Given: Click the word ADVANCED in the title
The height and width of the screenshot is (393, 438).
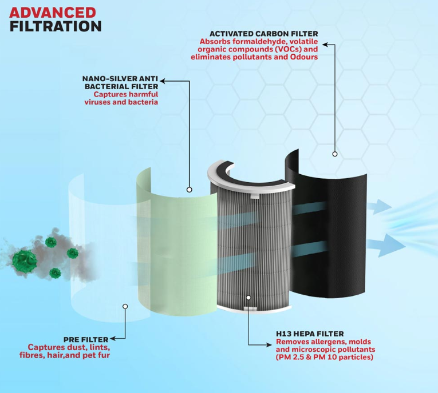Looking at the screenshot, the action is click(x=53, y=13).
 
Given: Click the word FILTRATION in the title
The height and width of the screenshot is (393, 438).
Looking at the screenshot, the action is click(x=56, y=26).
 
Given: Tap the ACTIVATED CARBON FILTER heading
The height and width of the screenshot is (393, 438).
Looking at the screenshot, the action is click(x=264, y=34).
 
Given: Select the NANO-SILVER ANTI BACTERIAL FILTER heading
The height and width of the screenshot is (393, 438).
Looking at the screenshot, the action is click(x=120, y=82).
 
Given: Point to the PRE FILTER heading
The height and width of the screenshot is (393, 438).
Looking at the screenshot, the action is click(x=86, y=339).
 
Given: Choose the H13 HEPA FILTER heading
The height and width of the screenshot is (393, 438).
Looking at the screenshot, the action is click(x=310, y=334).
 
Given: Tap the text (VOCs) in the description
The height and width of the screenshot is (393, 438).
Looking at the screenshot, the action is click(x=286, y=49).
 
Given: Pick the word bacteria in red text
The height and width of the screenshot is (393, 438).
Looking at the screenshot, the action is click(x=144, y=102).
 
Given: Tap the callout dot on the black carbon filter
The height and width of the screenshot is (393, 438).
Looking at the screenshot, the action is click(x=334, y=154).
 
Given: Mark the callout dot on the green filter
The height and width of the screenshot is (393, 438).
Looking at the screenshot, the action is click(x=189, y=190).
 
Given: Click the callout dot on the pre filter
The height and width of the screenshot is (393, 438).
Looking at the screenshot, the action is click(x=125, y=306).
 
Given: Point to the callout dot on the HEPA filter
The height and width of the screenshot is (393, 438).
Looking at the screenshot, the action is click(x=248, y=298).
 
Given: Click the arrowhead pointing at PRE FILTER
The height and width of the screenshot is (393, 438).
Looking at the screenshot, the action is click(x=113, y=339).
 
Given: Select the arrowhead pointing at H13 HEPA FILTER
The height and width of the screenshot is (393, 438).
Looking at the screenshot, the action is click(x=269, y=345).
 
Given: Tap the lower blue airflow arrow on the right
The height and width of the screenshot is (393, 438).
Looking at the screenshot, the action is click(x=386, y=245).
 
